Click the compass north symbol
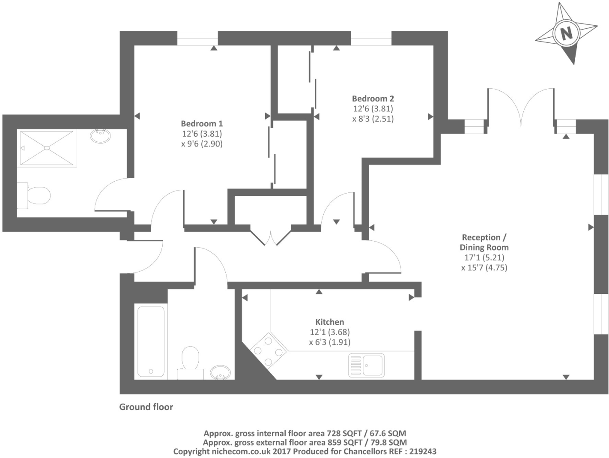pyautogui.click(x=566, y=33)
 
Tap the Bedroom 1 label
pyautogui.click(x=202, y=123)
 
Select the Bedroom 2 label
pyautogui.click(x=373, y=99)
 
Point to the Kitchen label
pyautogui.click(x=329, y=322)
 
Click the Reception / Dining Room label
pyautogui.click(x=484, y=242)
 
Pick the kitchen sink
pyautogui.click(x=367, y=365)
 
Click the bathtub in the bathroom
pyautogui.click(x=150, y=341)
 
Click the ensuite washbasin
pyautogui.click(x=101, y=136)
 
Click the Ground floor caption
pyautogui.click(x=146, y=407)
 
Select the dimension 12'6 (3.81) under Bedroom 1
pyautogui.click(x=202, y=134)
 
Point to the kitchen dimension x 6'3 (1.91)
pyautogui.click(x=329, y=342)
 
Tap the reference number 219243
pyautogui.click(x=423, y=451)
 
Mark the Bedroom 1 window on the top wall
pyautogui.click(x=197, y=38)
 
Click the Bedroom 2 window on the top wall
pyautogui.click(x=371, y=38)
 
